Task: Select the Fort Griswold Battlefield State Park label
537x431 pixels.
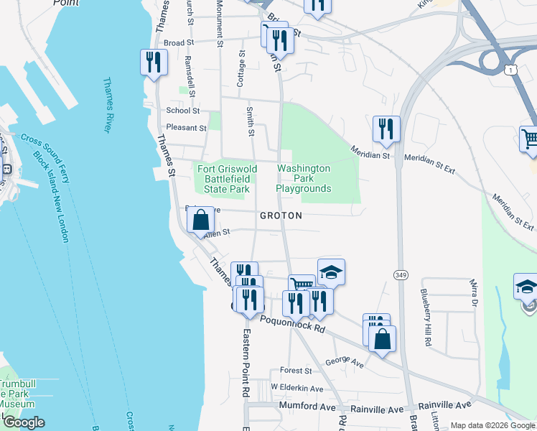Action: point(223,179)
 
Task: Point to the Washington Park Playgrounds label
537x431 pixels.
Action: point(304,178)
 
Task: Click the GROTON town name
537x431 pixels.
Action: point(281,215)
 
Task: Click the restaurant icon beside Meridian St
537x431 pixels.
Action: point(386,129)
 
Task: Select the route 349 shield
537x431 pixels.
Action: point(400,275)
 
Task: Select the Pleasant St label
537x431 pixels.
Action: point(186,128)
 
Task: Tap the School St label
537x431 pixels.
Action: point(182,111)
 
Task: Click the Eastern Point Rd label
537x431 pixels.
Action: point(244,363)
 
